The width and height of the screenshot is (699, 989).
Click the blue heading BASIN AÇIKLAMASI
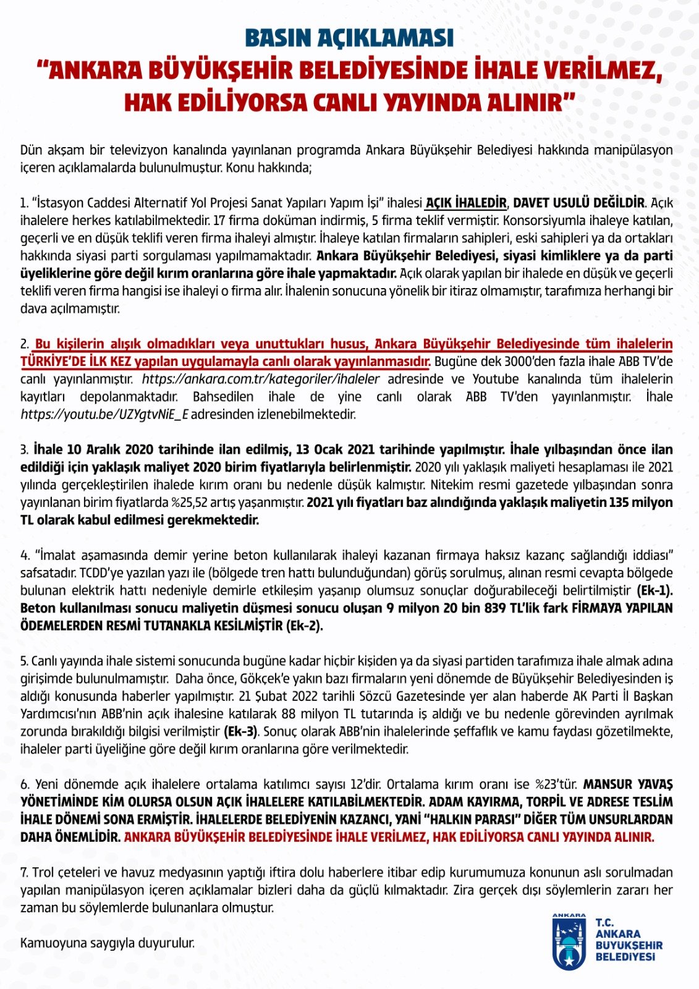349,38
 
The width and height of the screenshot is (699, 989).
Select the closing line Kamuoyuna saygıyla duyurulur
108,943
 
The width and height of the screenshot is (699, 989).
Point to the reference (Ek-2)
305,626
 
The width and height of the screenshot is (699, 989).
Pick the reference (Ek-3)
240,732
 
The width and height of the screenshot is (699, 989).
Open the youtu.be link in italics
104,414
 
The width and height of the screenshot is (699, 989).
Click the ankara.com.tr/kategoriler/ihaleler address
261,379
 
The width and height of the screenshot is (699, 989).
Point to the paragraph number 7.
24,873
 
